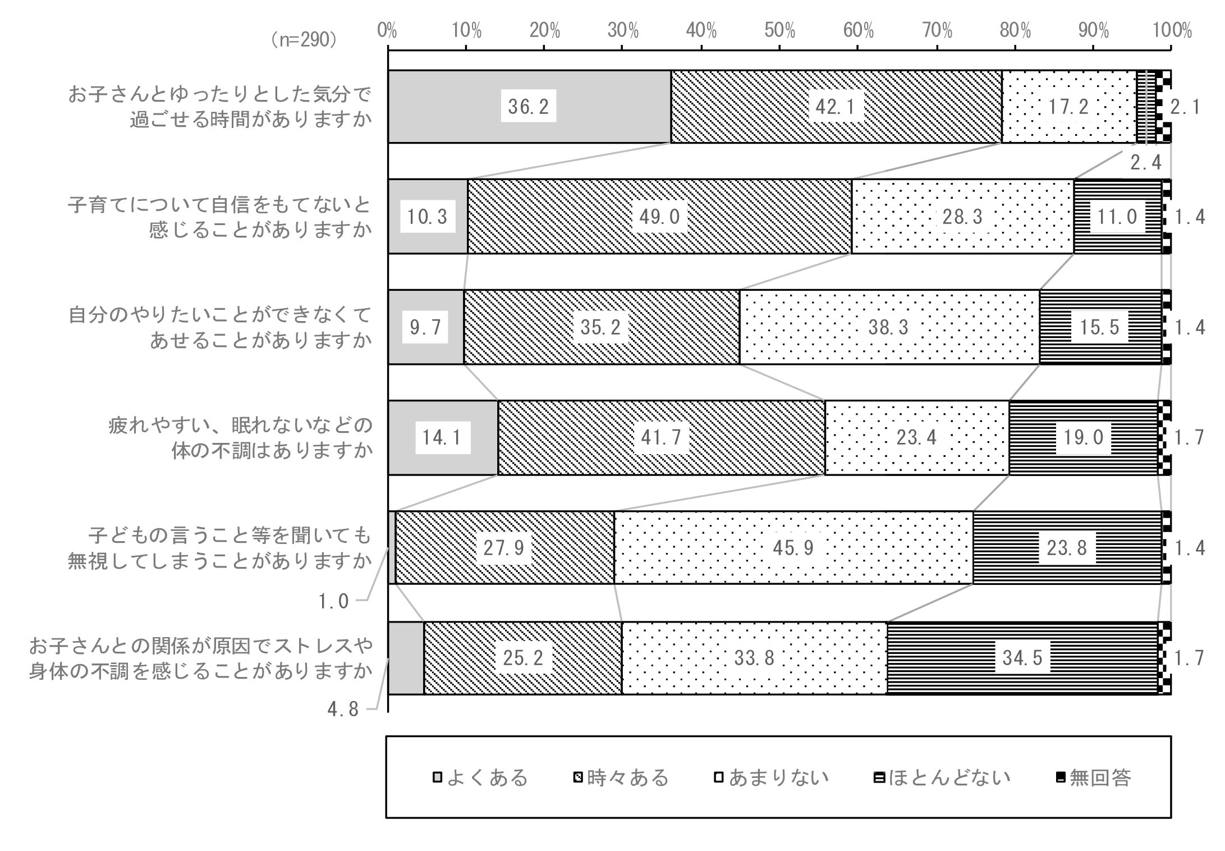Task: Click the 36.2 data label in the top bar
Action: point(528,106)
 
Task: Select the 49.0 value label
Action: point(659,216)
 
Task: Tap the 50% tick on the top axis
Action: point(779,31)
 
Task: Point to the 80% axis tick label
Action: point(1015,31)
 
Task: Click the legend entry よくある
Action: point(481,777)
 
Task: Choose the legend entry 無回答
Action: point(1094,777)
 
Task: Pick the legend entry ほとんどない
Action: point(943,777)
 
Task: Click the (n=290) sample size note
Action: point(304,40)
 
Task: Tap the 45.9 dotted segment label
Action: point(793,548)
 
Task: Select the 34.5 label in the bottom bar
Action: point(1022,658)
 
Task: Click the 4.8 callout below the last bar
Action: point(343,710)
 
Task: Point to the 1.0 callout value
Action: point(334,602)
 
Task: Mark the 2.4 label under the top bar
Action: point(1145,163)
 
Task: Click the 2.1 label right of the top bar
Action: point(1185,107)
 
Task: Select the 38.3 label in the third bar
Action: point(888,327)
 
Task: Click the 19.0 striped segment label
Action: point(1084,437)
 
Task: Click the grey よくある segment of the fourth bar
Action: point(443,437)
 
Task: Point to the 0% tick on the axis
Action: point(387,31)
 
